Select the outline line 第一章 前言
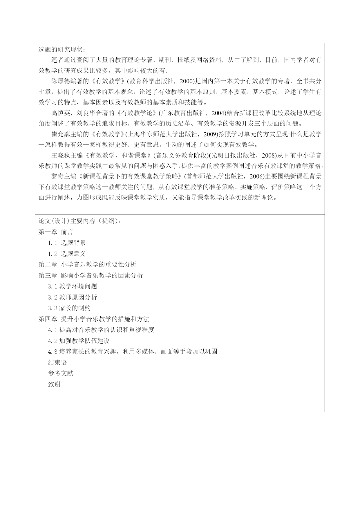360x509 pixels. (x=56, y=232)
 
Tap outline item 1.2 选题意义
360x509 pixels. (x=67, y=254)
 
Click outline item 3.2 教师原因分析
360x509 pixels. (x=73, y=297)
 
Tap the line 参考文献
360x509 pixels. (x=61, y=373)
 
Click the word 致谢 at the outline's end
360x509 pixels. (x=54, y=384)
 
